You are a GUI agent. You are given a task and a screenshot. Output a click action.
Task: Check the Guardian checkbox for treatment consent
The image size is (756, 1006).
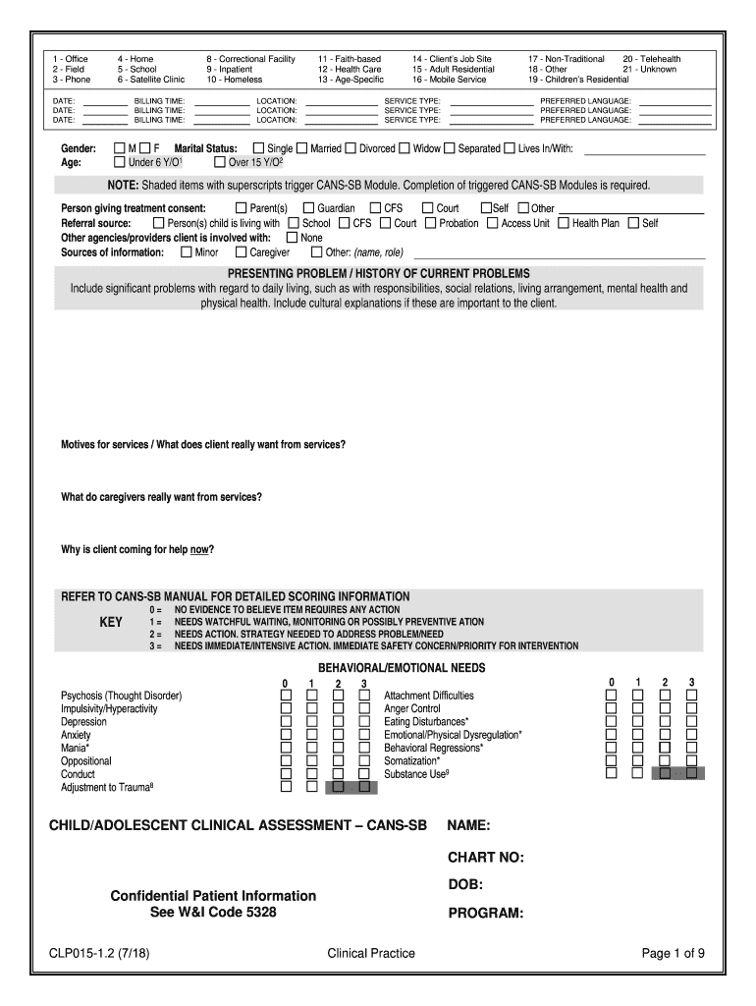pos(308,208)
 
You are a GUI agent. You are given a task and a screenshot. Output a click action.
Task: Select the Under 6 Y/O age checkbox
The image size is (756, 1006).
pos(119,162)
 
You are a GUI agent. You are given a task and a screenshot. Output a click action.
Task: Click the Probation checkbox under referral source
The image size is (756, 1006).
pos(430,223)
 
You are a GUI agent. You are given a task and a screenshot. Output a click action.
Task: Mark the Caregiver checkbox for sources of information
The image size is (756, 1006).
pos(243,252)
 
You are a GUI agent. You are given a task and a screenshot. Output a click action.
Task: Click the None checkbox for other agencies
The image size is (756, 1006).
pos(292,238)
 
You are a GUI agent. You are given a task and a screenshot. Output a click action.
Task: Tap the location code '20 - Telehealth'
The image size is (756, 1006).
pos(644,59)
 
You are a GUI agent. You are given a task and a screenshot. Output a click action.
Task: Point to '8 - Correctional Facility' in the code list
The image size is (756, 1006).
pos(250,59)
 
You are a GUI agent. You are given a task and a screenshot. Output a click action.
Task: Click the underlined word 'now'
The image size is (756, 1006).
pos(199,549)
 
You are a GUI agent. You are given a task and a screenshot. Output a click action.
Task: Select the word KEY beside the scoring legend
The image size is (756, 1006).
pos(111,622)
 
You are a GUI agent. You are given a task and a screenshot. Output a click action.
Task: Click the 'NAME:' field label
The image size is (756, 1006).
pos(469,824)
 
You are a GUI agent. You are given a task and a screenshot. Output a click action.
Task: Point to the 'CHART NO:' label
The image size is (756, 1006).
pos(486,858)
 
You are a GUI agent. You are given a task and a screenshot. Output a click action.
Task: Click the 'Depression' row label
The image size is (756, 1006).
pos(83,722)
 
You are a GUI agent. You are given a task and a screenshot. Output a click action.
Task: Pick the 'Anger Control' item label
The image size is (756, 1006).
pos(412,708)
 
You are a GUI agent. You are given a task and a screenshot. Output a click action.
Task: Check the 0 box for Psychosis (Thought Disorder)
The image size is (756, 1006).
pos(286,696)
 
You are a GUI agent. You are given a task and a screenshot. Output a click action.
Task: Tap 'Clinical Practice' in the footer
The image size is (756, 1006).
pos(371,953)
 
